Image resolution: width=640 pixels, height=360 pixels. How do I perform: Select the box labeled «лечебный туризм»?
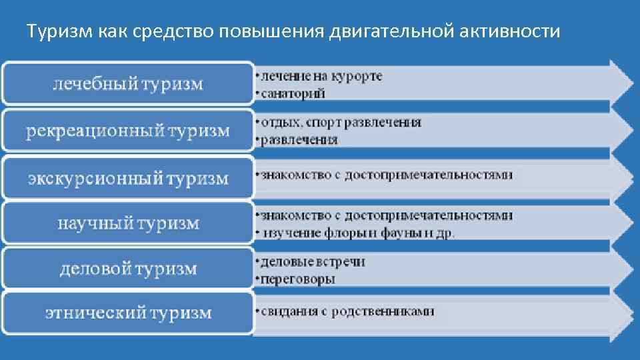128,84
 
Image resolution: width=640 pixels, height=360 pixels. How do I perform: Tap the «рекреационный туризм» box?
128,131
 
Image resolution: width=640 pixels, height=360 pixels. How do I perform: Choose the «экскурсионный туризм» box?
128,178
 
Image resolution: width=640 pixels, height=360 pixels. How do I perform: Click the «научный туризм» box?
128,223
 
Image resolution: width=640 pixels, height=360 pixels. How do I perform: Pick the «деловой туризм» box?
128,269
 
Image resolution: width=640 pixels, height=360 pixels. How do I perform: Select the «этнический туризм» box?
128,313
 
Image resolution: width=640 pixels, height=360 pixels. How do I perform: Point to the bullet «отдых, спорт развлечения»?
341,123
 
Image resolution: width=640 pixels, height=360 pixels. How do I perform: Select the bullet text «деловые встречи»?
313,261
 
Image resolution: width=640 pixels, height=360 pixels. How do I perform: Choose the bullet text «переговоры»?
298,279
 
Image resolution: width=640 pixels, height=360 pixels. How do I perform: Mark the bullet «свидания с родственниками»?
347,311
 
